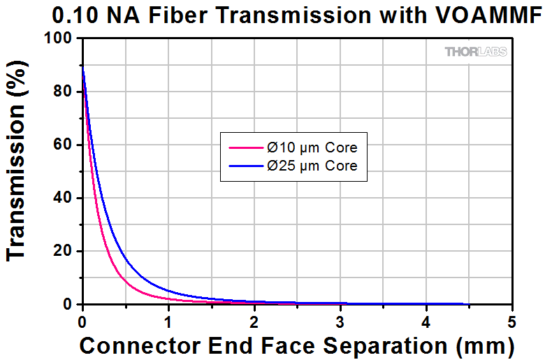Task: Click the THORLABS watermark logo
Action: [476, 52]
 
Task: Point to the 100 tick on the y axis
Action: [59, 38]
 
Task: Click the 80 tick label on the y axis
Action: [64, 92]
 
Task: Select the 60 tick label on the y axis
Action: [64, 145]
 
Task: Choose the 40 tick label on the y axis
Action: [64, 198]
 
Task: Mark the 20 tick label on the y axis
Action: [64, 251]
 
